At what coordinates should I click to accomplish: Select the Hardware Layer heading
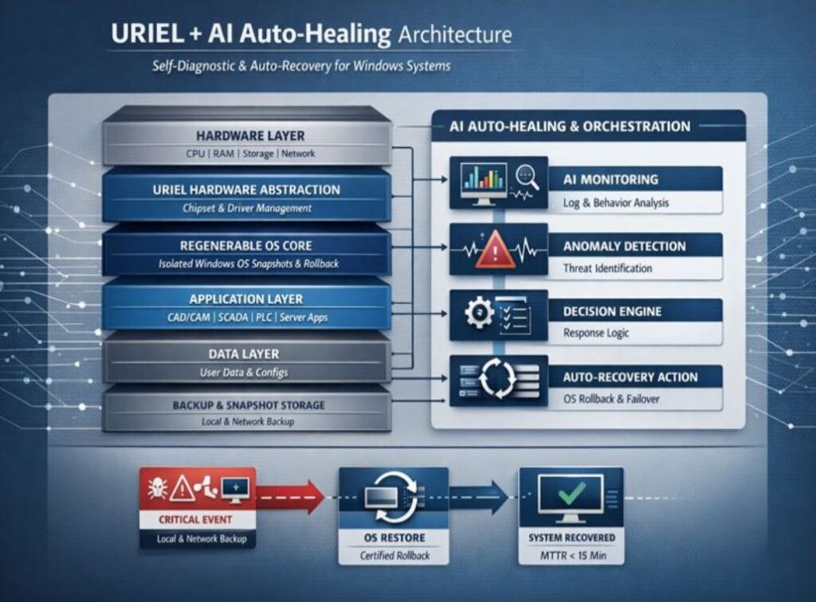click(249, 135)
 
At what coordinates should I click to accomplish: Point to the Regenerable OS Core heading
click(246, 245)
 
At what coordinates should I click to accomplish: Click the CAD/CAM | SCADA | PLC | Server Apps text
click(247, 318)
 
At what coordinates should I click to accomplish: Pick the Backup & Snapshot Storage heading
click(249, 405)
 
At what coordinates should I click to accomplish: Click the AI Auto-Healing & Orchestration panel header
click(570, 126)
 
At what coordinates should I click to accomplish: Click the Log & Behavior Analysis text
click(616, 203)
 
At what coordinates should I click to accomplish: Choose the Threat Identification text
click(607, 268)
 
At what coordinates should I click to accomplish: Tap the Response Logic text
click(596, 333)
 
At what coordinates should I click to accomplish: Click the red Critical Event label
click(196, 520)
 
